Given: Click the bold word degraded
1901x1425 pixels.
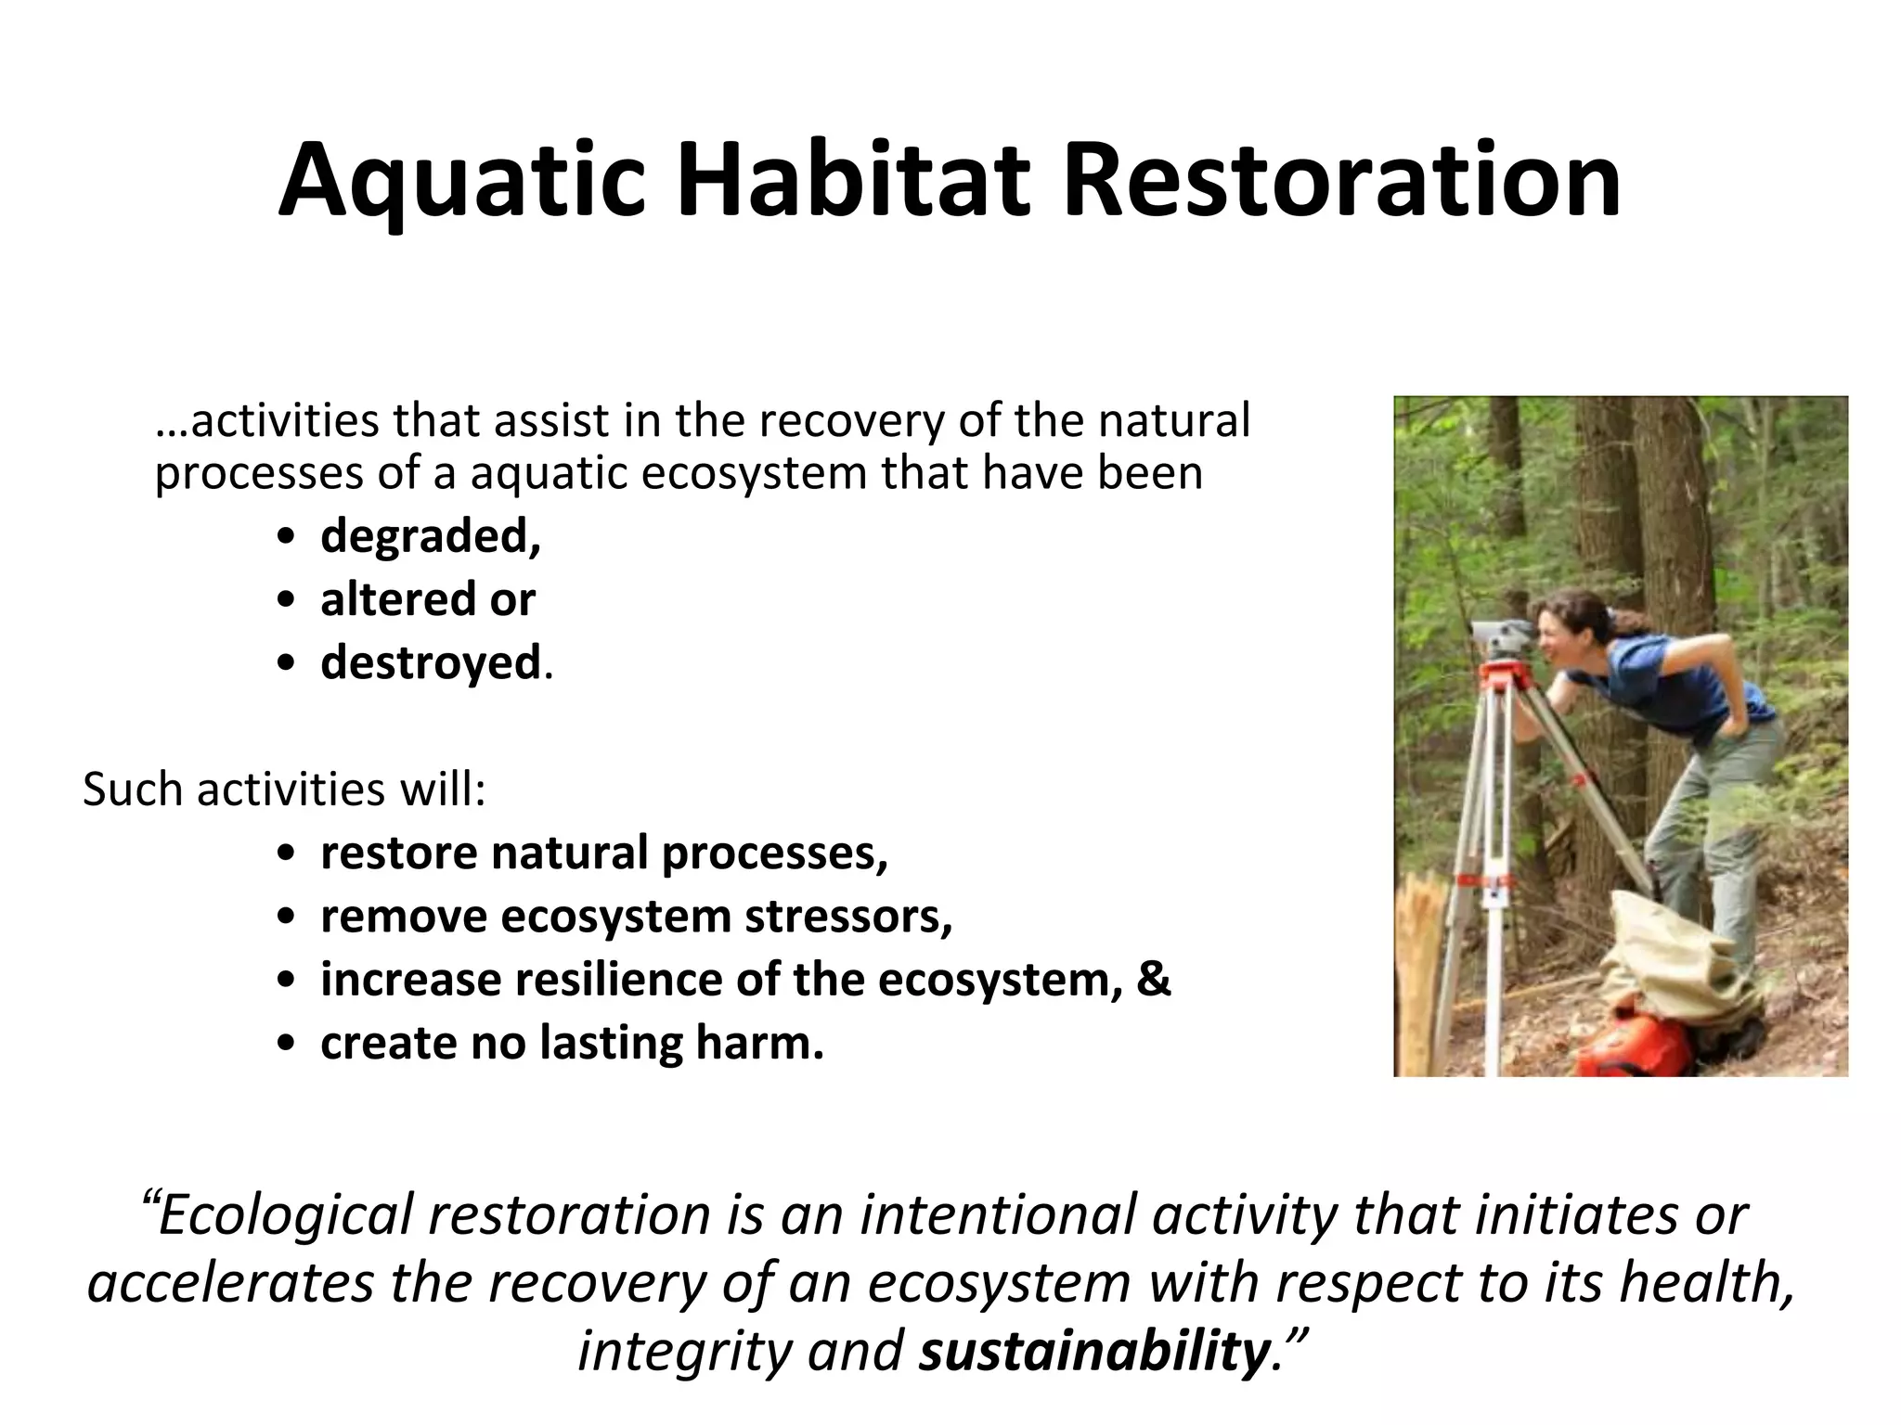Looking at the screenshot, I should point(429,536).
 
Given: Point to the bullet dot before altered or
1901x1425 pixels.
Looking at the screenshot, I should point(287,601).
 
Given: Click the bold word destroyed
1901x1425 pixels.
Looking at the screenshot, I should point(430,662).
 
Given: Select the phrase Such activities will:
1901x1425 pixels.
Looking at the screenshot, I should point(284,790).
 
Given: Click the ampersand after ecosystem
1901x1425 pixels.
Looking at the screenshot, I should point(1153,980).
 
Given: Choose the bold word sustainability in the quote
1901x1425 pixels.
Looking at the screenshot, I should point(1093,1351).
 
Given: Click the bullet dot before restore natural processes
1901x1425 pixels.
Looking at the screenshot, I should point(287,854).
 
